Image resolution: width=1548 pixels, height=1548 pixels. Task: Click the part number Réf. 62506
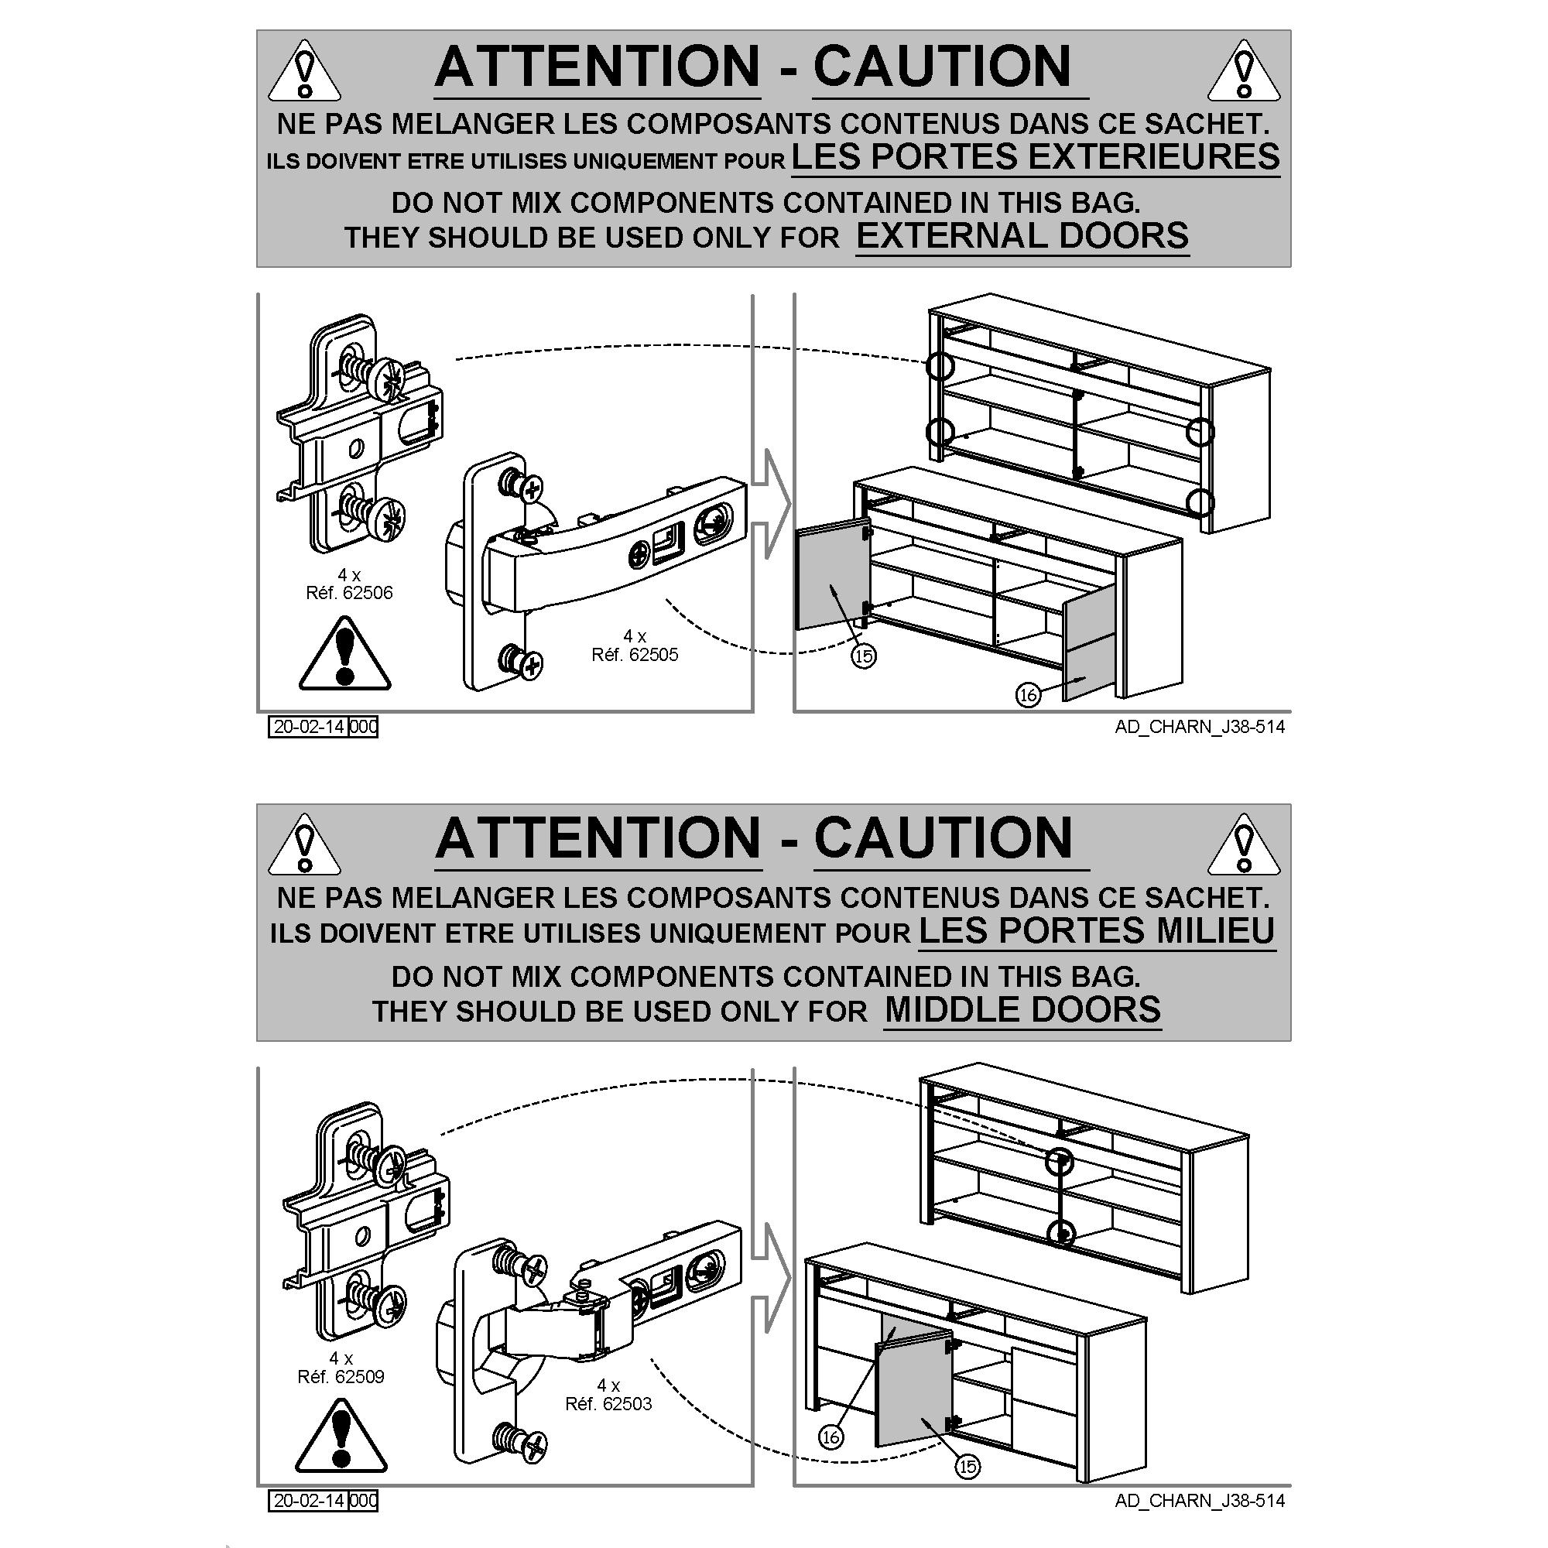tap(349, 593)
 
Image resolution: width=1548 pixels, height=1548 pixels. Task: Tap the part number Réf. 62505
tap(635, 655)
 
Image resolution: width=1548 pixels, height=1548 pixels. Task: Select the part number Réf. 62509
tap(341, 1376)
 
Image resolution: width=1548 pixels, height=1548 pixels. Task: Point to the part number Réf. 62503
tap(608, 1404)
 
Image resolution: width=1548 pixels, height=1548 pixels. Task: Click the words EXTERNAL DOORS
tap(1022, 235)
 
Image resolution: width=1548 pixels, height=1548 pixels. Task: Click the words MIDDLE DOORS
tap(1022, 1009)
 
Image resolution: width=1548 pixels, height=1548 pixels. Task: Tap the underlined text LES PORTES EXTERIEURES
tap(1035, 156)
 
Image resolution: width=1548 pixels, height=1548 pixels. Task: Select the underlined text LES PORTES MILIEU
tap(1096, 930)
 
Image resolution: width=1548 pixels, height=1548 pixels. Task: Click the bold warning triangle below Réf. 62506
tap(344, 654)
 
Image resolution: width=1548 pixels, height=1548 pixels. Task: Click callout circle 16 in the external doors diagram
tap(1028, 695)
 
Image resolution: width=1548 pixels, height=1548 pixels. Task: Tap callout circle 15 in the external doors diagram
tap(863, 656)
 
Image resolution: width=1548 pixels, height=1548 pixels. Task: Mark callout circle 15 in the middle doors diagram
tap(967, 1488)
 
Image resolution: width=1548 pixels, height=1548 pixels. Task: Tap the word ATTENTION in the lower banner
tap(598, 838)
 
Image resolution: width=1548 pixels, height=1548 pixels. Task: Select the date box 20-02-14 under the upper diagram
tap(309, 727)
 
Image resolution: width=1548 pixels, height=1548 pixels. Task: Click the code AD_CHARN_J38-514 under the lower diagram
tap(1200, 1501)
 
